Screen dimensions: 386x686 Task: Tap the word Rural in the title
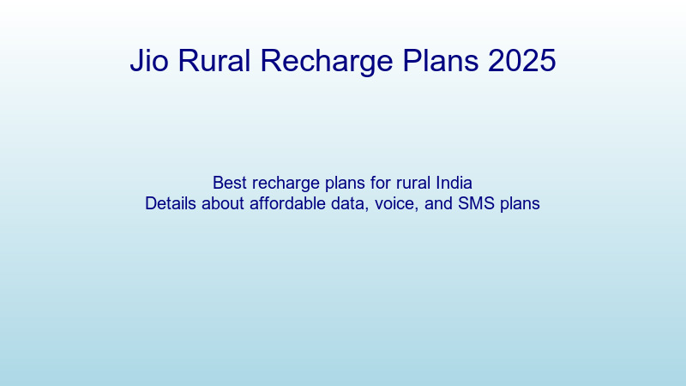[x=214, y=62]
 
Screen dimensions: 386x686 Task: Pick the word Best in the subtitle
[x=229, y=183]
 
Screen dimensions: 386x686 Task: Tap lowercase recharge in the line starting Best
[x=282, y=183]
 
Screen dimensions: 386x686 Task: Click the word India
[x=454, y=183]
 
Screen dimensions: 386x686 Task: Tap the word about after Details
[x=225, y=204]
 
